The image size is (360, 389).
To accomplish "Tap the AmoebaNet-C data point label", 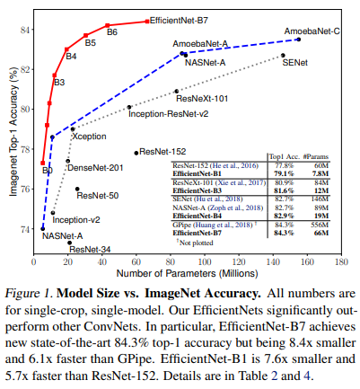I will (x=312, y=31).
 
